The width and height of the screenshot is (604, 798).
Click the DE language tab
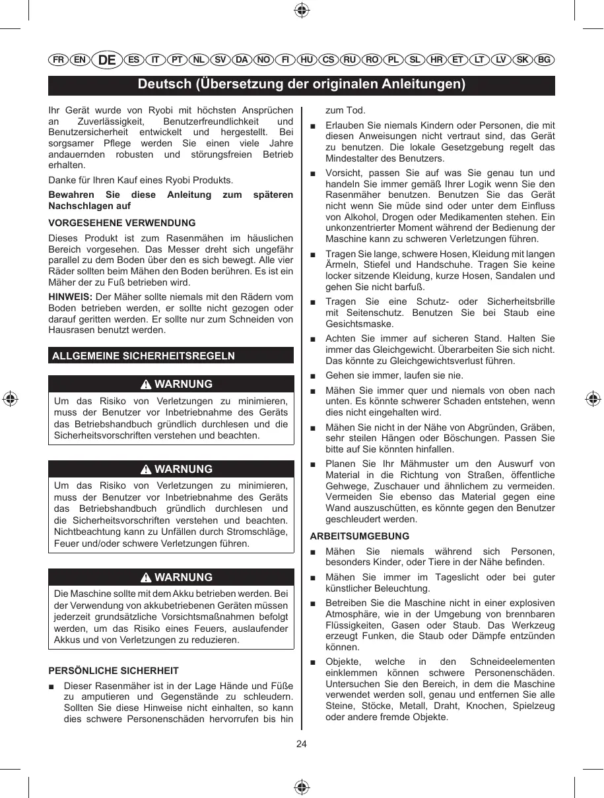click(107, 60)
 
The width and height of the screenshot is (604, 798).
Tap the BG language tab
click(544, 60)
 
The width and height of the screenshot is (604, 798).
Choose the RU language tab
click(350, 60)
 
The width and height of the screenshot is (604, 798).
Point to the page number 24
click(302, 744)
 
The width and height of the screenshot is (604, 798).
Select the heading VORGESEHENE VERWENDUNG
click(122, 223)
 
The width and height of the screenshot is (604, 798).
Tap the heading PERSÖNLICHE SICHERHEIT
click(114, 671)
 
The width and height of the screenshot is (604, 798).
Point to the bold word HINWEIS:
click(71, 297)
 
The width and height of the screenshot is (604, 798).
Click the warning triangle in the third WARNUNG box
click(146, 578)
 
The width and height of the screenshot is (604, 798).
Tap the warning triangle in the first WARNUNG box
click(146, 384)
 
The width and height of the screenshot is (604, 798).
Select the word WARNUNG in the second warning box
click(184, 470)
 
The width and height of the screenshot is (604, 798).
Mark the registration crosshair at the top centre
click(302, 9)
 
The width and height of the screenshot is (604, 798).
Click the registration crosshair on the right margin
click(593, 399)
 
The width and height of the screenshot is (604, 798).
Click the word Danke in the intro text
click(63, 180)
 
